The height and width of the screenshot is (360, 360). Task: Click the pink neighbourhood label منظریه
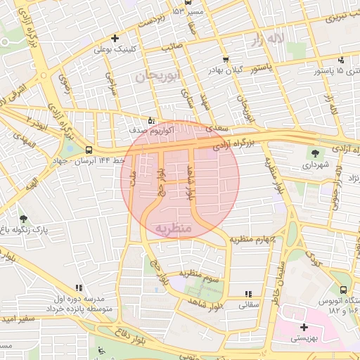point(173,229)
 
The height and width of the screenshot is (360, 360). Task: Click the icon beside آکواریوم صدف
point(152,120)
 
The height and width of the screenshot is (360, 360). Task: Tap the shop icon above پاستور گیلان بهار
point(225,60)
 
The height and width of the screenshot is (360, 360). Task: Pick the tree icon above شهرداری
point(314,153)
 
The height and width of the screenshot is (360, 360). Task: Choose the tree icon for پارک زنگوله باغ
point(25,219)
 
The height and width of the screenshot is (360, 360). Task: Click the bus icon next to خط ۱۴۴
point(89,150)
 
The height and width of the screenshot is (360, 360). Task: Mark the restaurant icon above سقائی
point(247,295)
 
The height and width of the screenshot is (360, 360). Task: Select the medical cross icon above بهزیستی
point(304,327)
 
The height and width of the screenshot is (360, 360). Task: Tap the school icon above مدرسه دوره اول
point(79,288)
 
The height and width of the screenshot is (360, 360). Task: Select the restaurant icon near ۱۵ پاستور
point(341,60)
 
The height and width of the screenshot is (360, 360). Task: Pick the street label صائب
point(172,48)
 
